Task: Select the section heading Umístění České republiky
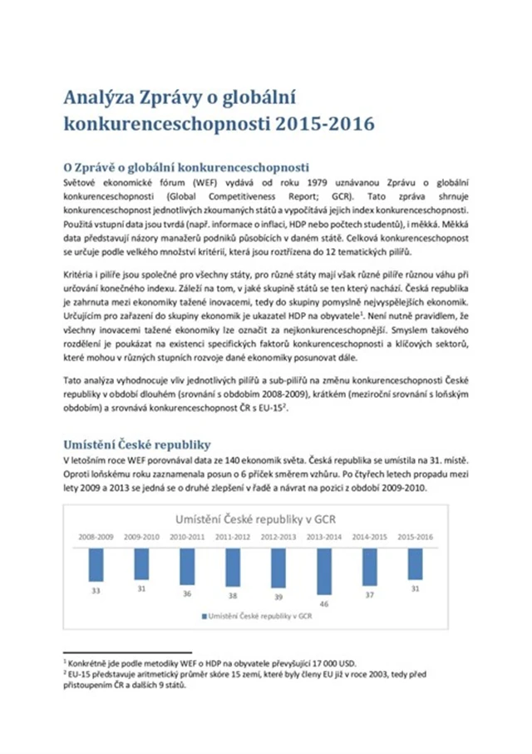(137, 444)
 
